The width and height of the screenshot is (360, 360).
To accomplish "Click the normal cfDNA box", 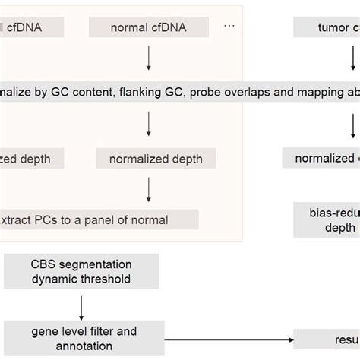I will [x=148, y=28].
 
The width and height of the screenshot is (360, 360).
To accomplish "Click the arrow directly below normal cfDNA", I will [x=149, y=59].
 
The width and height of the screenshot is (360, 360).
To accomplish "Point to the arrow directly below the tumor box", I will [x=352, y=59].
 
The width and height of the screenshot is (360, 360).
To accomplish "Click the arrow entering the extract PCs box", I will [x=149, y=188].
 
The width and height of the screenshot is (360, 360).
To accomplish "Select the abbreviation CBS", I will [x=45, y=264].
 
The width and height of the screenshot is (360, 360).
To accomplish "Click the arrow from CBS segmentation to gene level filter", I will [x=81, y=305].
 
